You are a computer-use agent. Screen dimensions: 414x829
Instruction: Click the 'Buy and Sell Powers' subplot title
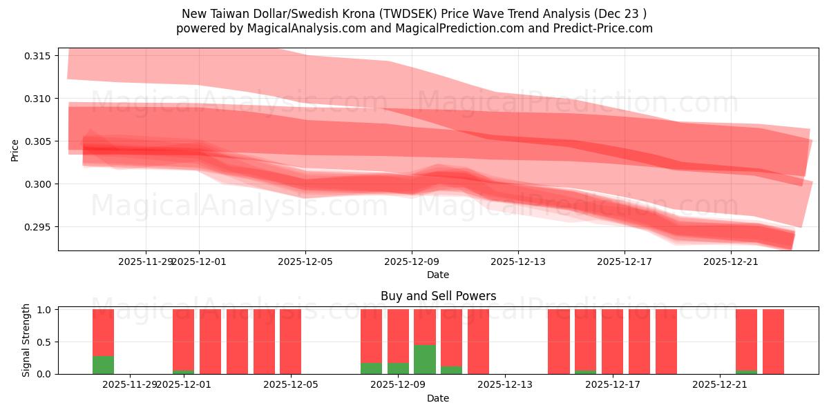[438, 296]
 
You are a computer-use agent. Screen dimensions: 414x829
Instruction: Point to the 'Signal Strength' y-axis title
[26, 340]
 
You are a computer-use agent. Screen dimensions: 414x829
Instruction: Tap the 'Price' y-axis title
[15, 150]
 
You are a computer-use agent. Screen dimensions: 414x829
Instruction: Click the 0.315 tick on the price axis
[38, 56]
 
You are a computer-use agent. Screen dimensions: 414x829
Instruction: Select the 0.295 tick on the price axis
[38, 227]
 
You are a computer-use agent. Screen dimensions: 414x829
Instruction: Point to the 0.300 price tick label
[38, 184]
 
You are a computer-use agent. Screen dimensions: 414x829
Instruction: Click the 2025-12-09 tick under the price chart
[412, 262]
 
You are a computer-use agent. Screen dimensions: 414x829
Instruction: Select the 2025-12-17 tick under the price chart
[625, 262]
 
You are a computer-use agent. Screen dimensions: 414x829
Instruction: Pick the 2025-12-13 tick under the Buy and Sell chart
[506, 385]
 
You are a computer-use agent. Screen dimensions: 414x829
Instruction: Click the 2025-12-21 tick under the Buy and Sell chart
[720, 385]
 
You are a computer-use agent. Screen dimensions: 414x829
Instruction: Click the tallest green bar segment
[425, 359]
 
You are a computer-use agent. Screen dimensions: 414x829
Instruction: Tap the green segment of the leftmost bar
[103, 365]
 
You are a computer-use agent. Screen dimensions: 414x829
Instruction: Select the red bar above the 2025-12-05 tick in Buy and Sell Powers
[291, 342]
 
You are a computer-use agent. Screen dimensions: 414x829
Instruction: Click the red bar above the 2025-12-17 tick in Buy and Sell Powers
[613, 342]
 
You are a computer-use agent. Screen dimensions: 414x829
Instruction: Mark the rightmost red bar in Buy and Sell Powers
[773, 342]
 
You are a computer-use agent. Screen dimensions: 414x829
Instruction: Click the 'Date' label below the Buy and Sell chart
[438, 398]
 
